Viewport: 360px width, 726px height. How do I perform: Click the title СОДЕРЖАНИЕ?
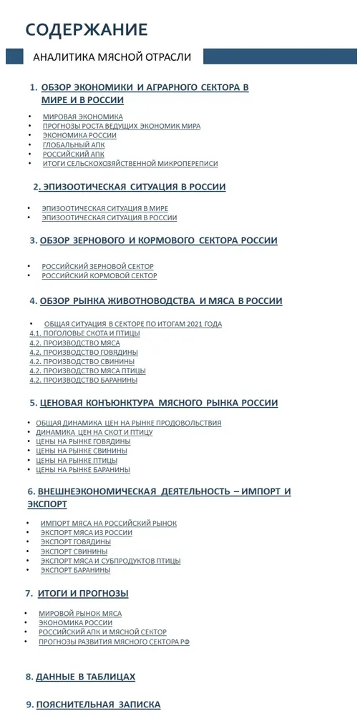coord(87,29)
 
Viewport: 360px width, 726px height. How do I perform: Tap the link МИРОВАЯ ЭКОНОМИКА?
coord(82,117)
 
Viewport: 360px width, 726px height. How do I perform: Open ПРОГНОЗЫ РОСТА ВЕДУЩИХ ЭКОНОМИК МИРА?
coord(121,126)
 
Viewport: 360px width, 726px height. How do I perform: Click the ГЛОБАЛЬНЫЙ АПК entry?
coord(74,144)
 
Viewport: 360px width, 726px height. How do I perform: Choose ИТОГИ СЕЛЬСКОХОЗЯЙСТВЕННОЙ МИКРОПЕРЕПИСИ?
coord(130,163)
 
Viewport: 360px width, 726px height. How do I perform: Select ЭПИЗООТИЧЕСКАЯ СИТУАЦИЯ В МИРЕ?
coord(105,208)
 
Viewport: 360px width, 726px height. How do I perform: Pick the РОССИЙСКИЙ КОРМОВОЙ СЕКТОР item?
coord(99,275)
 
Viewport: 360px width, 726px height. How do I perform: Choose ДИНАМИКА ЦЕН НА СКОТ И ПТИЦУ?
coord(94,432)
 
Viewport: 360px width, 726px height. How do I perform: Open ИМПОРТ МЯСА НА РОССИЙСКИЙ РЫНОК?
coord(109,524)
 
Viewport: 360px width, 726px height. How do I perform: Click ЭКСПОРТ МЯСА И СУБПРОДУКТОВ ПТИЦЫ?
coord(110,561)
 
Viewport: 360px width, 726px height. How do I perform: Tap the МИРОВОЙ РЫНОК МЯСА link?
coord(80,613)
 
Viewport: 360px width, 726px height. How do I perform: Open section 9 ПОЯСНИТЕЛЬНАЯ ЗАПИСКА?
coord(98,705)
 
